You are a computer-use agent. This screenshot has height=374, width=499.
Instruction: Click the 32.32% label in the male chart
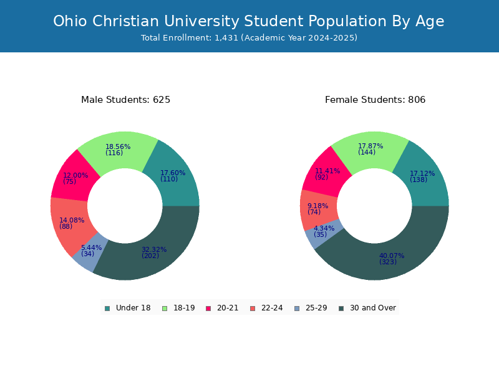coord(154,249)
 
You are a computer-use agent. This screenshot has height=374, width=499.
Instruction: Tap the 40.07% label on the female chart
coord(392,256)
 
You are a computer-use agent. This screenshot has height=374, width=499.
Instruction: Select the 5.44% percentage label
coord(91,247)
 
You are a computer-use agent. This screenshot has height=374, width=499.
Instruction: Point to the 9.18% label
coord(317,206)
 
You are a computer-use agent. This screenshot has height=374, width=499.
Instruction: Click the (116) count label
coord(114,153)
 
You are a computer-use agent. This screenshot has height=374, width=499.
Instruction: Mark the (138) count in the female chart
coord(419,180)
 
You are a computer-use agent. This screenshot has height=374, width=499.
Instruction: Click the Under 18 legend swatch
coord(107,309)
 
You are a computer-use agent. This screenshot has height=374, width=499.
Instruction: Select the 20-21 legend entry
coord(222,308)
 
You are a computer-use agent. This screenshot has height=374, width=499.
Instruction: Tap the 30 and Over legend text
coord(373,308)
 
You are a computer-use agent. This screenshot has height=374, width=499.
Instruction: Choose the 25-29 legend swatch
coord(297,309)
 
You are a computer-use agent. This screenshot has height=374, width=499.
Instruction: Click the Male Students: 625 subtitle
coord(126,100)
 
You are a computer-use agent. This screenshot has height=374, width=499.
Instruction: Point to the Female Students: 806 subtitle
coord(375,100)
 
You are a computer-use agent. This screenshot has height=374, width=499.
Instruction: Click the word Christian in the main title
coord(126,21)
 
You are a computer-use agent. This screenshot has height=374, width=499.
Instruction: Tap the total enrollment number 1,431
coord(226,38)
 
